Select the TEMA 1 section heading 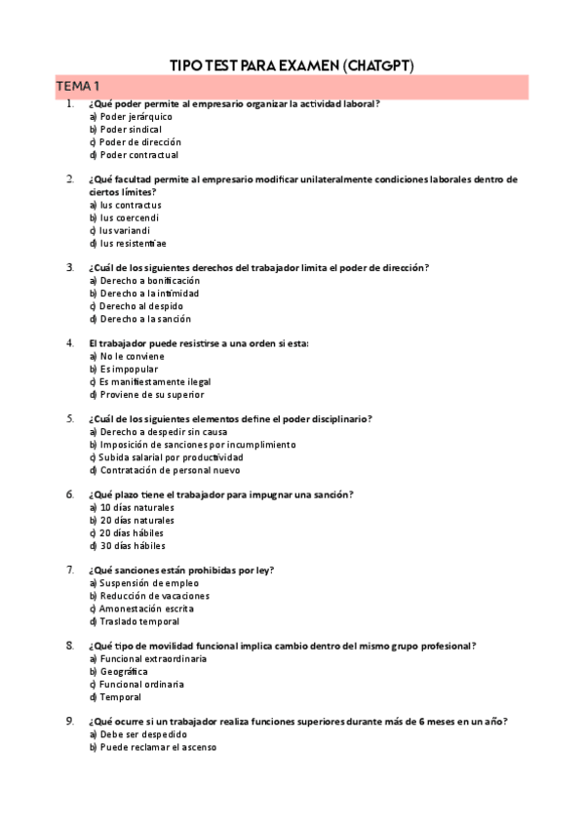77,87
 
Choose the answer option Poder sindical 125,129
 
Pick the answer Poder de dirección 135,141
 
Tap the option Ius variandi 119,230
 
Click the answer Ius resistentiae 127,243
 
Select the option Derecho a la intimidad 143,293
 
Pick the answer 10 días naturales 131,507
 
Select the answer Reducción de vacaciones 148,596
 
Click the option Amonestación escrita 139,609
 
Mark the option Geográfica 118,672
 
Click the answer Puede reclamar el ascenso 151,748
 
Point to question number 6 70,494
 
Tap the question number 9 70,721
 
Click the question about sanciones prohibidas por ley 180,570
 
